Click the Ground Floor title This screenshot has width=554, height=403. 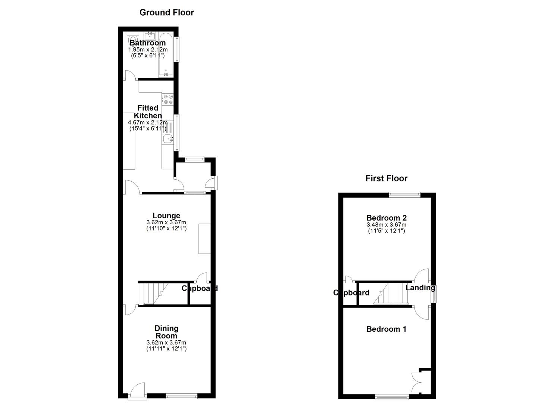point(166,12)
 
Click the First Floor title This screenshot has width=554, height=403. point(386,178)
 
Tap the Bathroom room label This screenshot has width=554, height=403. point(147,43)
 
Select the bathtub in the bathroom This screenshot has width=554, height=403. point(166,55)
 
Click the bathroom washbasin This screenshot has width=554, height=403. point(150,35)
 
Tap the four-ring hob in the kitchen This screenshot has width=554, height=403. point(168,99)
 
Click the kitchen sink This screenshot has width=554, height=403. point(168,139)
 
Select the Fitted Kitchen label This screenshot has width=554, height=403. point(148,112)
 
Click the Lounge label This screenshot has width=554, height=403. point(166,215)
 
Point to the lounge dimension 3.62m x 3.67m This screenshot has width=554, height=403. point(166,222)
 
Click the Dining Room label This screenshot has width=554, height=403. point(166,332)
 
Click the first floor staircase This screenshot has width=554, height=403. point(393,294)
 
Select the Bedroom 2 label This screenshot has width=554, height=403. point(386,218)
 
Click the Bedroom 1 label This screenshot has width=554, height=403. point(386,329)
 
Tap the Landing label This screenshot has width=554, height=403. point(420,288)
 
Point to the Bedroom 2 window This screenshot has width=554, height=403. point(404,194)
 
